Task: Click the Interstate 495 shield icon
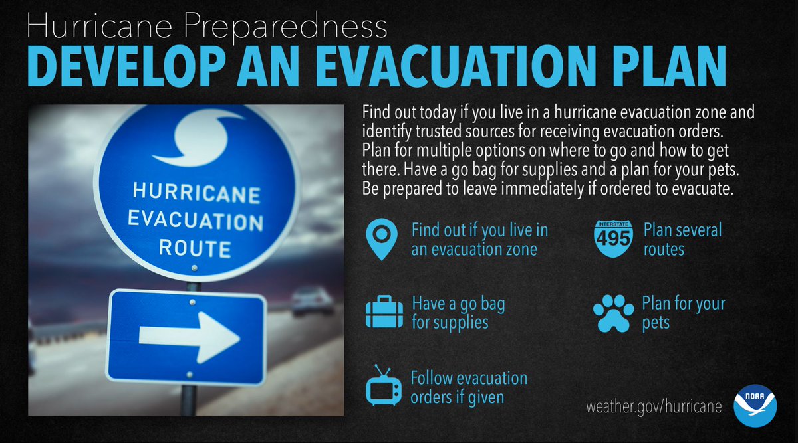[613, 237]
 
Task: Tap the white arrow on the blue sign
[189, 336]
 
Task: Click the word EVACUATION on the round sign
[196, 220]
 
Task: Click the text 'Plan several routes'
[682, 240]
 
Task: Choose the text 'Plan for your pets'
[683, 313]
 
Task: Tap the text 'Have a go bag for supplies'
[458, 313]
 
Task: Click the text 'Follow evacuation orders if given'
[468, 387]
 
